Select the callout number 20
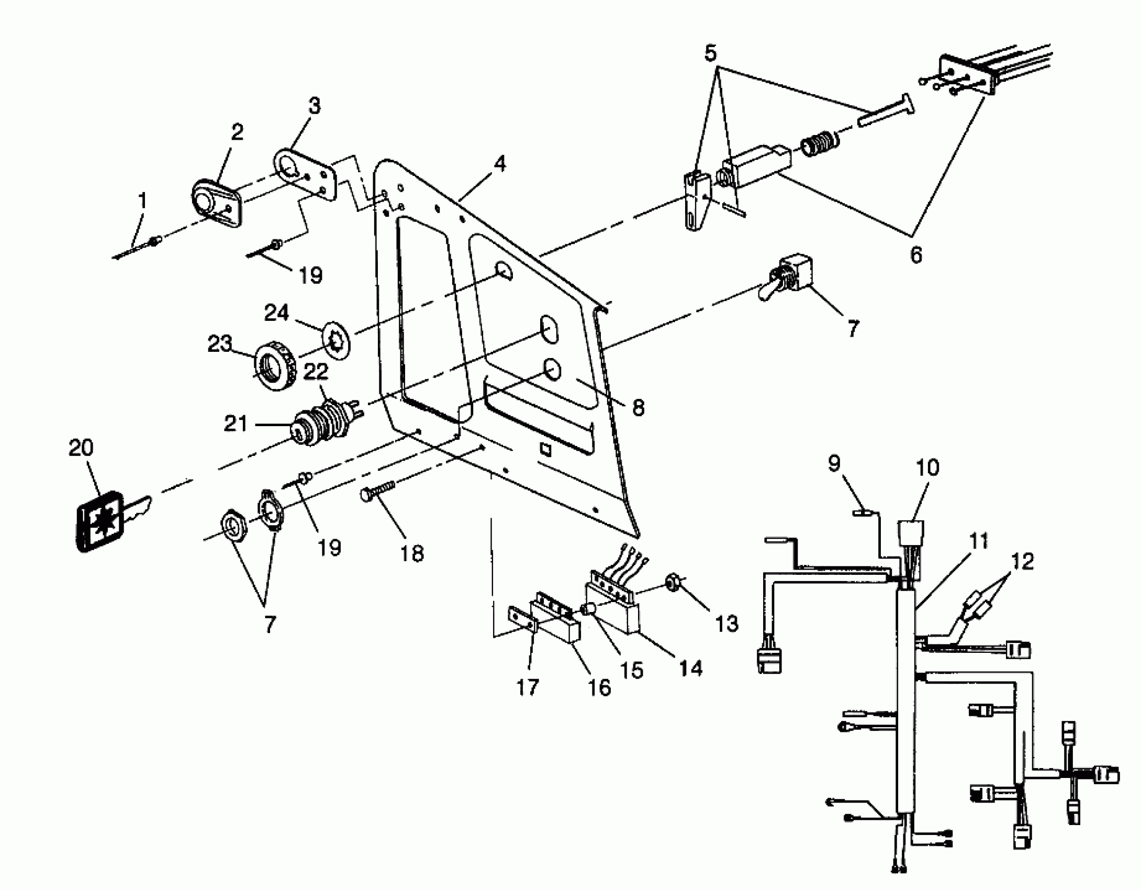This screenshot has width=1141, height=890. (x=81, y=448)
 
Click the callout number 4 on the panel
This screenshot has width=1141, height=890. (x=500, y=164)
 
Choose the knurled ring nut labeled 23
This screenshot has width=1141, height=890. (x=275, y=366)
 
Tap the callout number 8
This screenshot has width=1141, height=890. (x=638, y=407)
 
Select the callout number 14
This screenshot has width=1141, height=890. (x=691, y=668)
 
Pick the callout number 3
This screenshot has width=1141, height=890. (x=314, y=106)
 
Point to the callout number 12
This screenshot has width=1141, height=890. (x=1023, y=562)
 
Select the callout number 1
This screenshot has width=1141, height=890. (x=142, y=201)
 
